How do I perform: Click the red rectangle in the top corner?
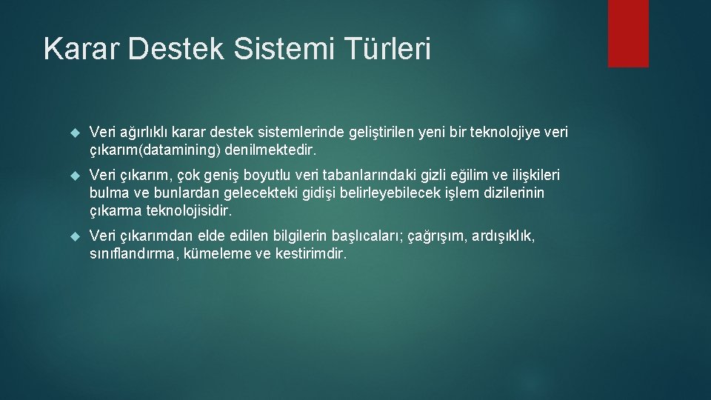[628, 33]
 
